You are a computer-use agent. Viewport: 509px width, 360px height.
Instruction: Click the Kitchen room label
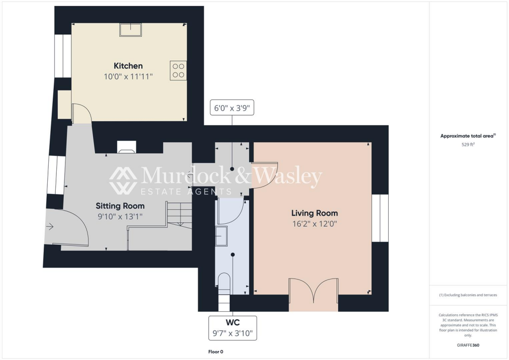click(x=128, y=66)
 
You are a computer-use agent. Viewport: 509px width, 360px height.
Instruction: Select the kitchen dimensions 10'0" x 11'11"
click(x=128, y=77)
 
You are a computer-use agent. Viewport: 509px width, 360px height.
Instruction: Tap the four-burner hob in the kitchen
click(x=178, y=70)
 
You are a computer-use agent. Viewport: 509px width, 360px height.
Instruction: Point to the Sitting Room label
click(x=120, y=206)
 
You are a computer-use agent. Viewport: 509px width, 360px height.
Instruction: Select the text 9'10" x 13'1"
click(x=120, y=216)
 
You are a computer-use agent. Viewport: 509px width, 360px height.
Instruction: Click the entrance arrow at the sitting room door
click(x=50, y=227)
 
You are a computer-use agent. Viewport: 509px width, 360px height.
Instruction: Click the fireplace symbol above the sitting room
click(x=126, y=147)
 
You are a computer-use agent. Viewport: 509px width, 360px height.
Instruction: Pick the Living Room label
click(x=314, y=213)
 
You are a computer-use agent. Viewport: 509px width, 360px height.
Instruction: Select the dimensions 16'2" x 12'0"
click(x=314, y=224)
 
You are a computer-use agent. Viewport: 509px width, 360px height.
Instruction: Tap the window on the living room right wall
click(x=380, y=218)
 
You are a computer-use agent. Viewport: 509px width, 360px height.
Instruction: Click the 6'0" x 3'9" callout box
click(x=232, y=107)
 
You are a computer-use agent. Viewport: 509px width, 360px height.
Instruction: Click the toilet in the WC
click(x=224, y=282)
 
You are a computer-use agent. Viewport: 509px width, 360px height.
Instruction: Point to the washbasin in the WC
click(x=221, y=236)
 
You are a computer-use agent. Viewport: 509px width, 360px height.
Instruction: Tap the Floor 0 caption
click(x=216, y=352)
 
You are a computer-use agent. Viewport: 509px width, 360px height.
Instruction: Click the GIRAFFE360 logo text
click(x=469, y=345)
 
